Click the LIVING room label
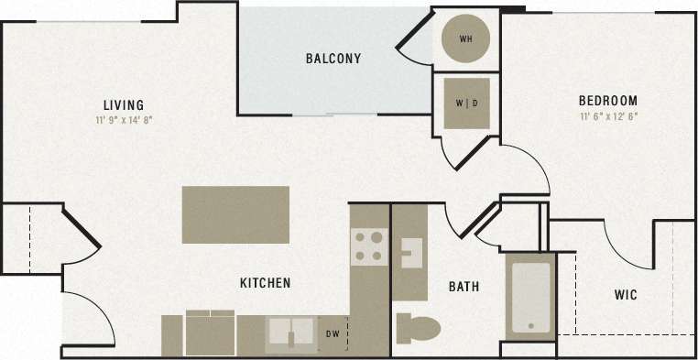[122, 104]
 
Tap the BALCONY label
[333, 59]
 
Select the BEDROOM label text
[607, 101]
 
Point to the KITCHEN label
[265, 283]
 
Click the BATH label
[464, 287]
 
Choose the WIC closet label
[626, 295]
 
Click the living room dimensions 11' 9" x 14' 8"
[122, 119]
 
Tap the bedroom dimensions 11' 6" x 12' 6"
[607, 116]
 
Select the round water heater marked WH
[465, 39]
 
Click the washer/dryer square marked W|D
[465, 103]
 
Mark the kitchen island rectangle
[235, 214]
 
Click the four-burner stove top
[369, 246]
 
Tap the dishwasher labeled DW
[333, 334]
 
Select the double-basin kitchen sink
[291, 334]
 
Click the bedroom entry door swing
[527, 169]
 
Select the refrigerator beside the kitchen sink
[211, 333]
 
